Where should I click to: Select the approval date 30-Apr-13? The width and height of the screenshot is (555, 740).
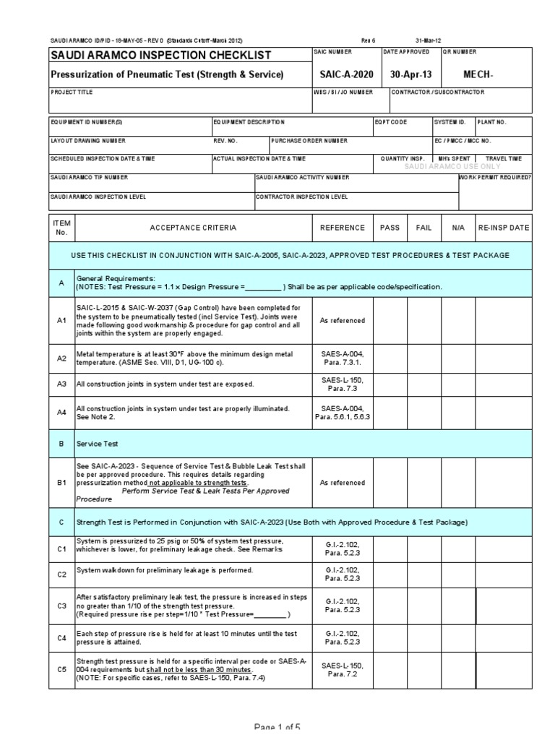410,74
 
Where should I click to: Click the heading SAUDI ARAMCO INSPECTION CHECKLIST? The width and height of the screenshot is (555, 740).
160,55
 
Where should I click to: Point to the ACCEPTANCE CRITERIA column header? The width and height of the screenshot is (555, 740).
192,228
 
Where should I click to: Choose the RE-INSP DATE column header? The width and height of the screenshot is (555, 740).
503,228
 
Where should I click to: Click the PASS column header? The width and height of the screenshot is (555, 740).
390,228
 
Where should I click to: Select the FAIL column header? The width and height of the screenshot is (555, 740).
424,228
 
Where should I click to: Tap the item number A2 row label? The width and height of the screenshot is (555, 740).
61,358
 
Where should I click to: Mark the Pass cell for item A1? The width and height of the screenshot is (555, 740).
390,320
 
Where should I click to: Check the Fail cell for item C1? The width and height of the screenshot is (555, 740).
424,550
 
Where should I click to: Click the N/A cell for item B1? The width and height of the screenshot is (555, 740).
458,483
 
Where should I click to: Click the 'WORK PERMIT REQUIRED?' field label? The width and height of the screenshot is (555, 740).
495,177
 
